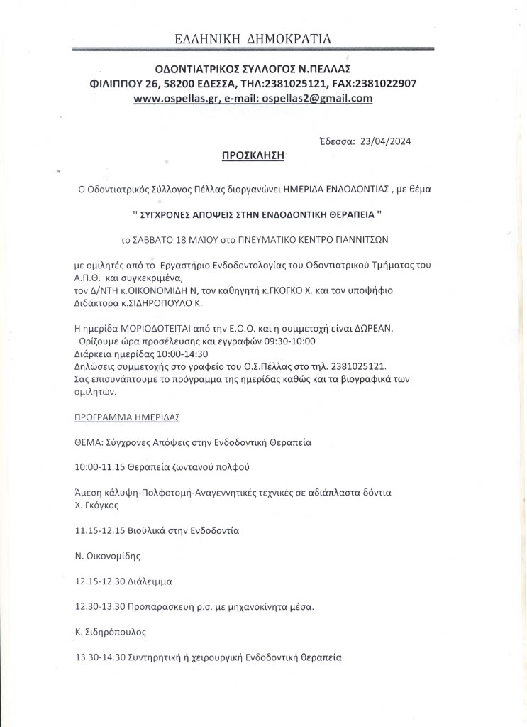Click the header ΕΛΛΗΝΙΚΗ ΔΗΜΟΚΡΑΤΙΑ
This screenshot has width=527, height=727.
click(253, 38)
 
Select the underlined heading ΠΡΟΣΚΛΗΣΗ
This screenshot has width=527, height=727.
click(253, 155)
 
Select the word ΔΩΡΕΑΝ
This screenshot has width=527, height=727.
click(377, 328)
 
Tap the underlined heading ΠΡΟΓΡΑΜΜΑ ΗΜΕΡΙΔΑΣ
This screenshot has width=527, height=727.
click(127, 417)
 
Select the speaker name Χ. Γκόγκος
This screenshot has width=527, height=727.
click(96, 505)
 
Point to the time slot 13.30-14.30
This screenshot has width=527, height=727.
click(99, 657)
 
